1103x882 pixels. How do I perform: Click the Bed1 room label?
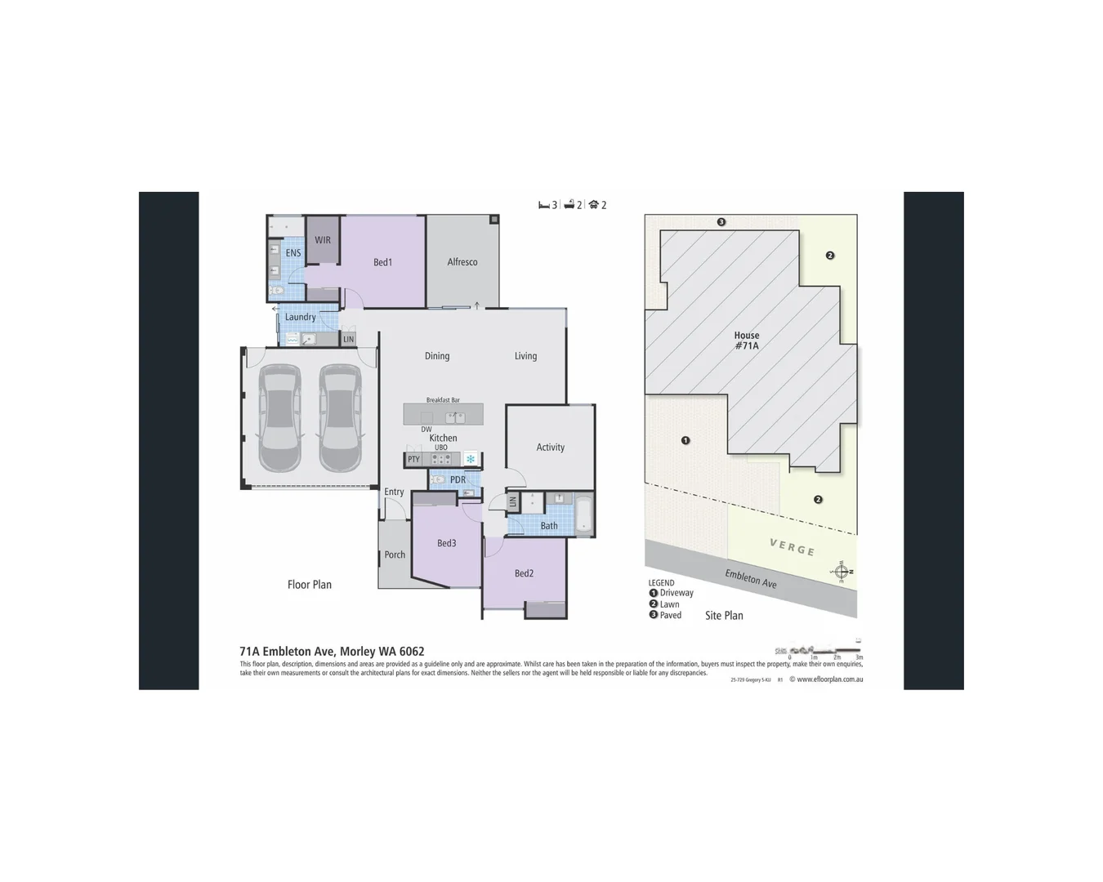pyautogui.click(x=382, y=262)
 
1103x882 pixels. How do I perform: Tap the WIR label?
pyautogui.click(x=323, y=240)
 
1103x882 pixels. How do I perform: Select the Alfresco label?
pyautogui.click(x=462, y=262)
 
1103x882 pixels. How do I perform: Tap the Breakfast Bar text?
pyautogui.click(x=443, y=400)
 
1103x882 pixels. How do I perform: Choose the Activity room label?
pyautogui.click(x=550, y=448)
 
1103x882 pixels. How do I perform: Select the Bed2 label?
pyautogui.click(x=524, y=573)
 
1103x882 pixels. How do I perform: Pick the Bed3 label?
pyautogui.click(x=446, y=543)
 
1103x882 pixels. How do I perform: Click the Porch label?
pyautogui.click(x=395, y=555)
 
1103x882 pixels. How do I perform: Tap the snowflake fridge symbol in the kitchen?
pyautogui.click(x=471, y=459)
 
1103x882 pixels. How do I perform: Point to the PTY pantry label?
pyautogui.click(x=413, y=460)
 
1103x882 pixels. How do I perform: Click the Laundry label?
pyautogui.click(x=300, y=317)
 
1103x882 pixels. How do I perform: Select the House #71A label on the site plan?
pyautogui.click(x=747, y=341)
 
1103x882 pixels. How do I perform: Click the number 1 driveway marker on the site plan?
pyautogui.click(x=685, y=440)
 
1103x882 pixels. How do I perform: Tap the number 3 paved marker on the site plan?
pyautogui.click(x=721, y=222)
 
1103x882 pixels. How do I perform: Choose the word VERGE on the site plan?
pyautogui.click(x=792, y=547)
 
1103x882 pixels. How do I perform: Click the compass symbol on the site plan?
pyautogui.click(x=841, y=571)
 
